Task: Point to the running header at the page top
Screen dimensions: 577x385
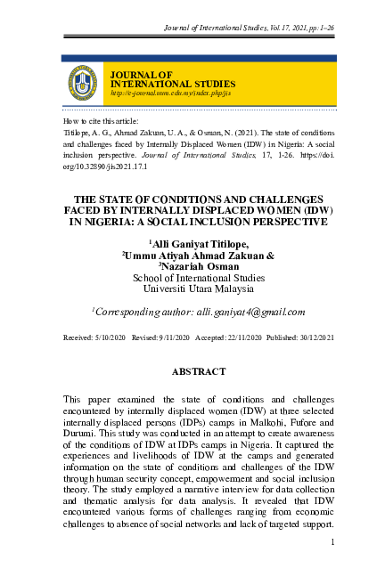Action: click(250, 29)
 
